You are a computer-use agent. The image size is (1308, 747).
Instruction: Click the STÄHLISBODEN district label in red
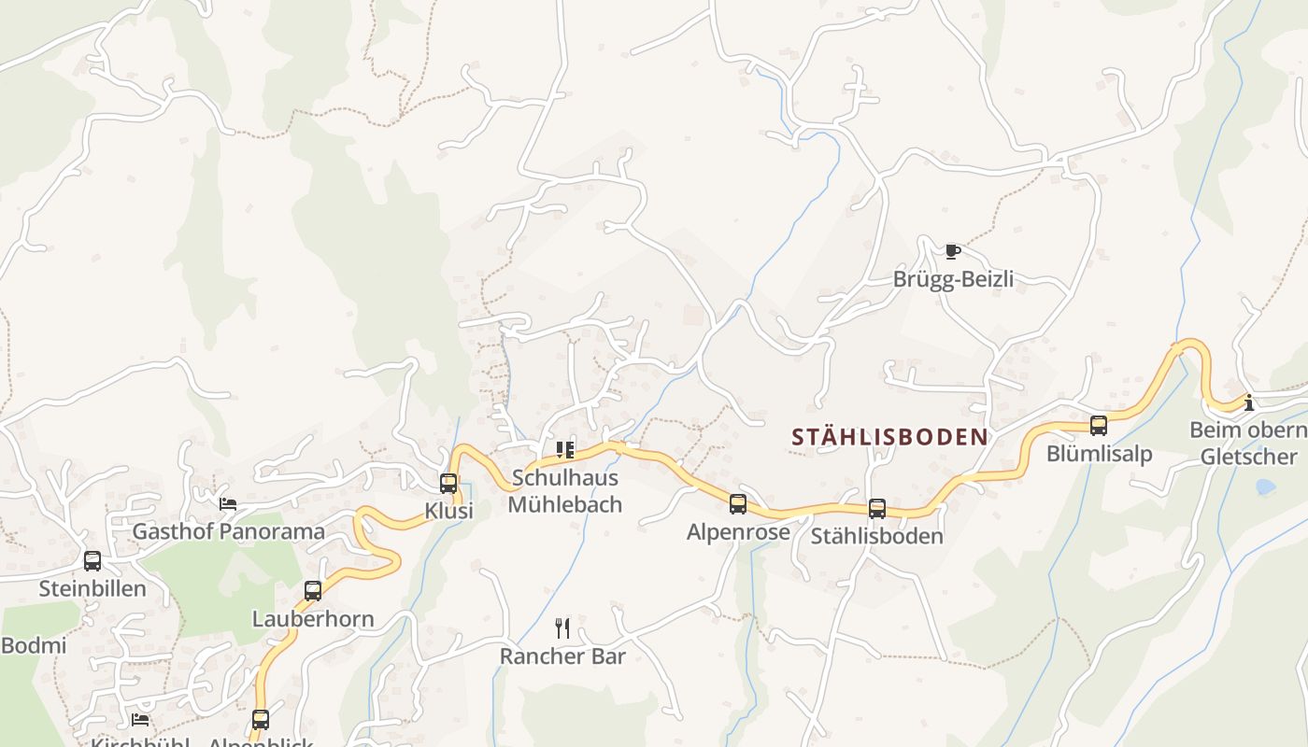coord(889,437)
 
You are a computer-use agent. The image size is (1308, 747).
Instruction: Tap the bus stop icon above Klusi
coord(448,483)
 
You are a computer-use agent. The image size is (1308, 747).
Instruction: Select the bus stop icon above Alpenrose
coord(738,504)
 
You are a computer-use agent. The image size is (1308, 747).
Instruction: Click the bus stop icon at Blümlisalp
coord(1099,426)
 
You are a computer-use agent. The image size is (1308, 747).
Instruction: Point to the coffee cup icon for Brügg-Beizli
coord(952,251)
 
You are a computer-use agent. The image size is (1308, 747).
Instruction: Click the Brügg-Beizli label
coord(953,279)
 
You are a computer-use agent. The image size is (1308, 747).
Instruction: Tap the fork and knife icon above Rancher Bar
coord(562,627)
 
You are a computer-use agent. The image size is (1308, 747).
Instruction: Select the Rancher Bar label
coord(562,656)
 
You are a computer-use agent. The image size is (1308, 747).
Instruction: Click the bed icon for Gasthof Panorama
coord(228,504)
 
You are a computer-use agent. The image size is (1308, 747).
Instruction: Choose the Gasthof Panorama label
coord(229,532)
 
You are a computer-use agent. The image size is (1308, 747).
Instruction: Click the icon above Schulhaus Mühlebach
coord(565,450)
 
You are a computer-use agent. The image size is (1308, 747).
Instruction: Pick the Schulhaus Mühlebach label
coord(564,492)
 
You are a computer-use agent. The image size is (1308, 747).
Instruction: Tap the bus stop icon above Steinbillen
coord(92,561)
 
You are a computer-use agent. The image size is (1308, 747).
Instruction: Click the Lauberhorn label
coord(313,619)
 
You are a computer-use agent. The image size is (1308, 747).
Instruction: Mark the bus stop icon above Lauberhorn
coord(313,591)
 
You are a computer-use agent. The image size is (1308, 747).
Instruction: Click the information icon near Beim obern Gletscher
coord(1248,402)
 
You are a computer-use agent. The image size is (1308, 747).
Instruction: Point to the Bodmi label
coord(34,645)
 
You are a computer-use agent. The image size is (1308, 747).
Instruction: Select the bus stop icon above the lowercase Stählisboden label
coord(877,509)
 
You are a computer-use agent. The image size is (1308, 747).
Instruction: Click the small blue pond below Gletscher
coord(1265,486)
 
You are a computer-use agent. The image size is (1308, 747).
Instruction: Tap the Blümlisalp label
coord(1099,454)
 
